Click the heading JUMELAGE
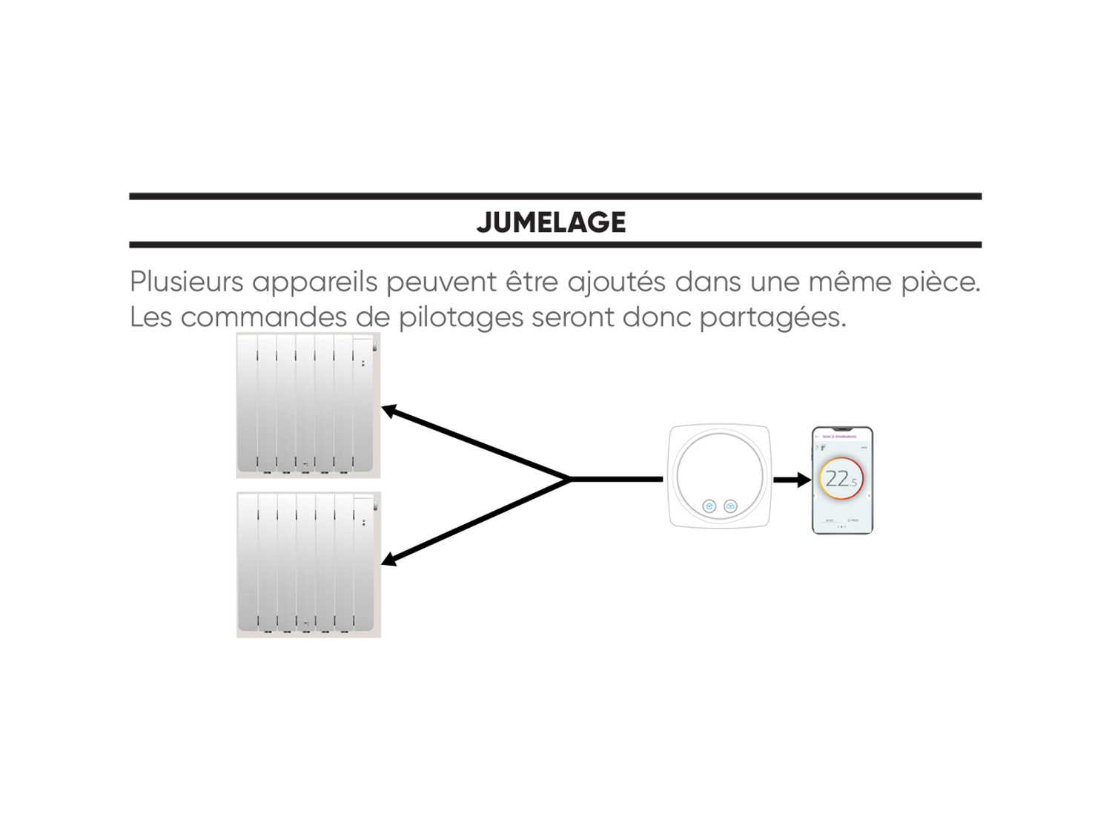(x=551, y=222)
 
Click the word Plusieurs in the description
(x=186, y=282)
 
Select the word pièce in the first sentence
(x=940, y=282)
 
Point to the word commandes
(x=263, y=317)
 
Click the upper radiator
(x=308, y=405)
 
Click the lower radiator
(x=308, y=564)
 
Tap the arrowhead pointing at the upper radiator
(x=388, y=410)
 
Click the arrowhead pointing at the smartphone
(x=804, y=480)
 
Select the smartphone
(x=842, y=480)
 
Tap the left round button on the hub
(x=709, y=506)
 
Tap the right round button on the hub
(x=731, y=506)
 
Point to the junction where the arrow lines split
(x=571, y=480)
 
